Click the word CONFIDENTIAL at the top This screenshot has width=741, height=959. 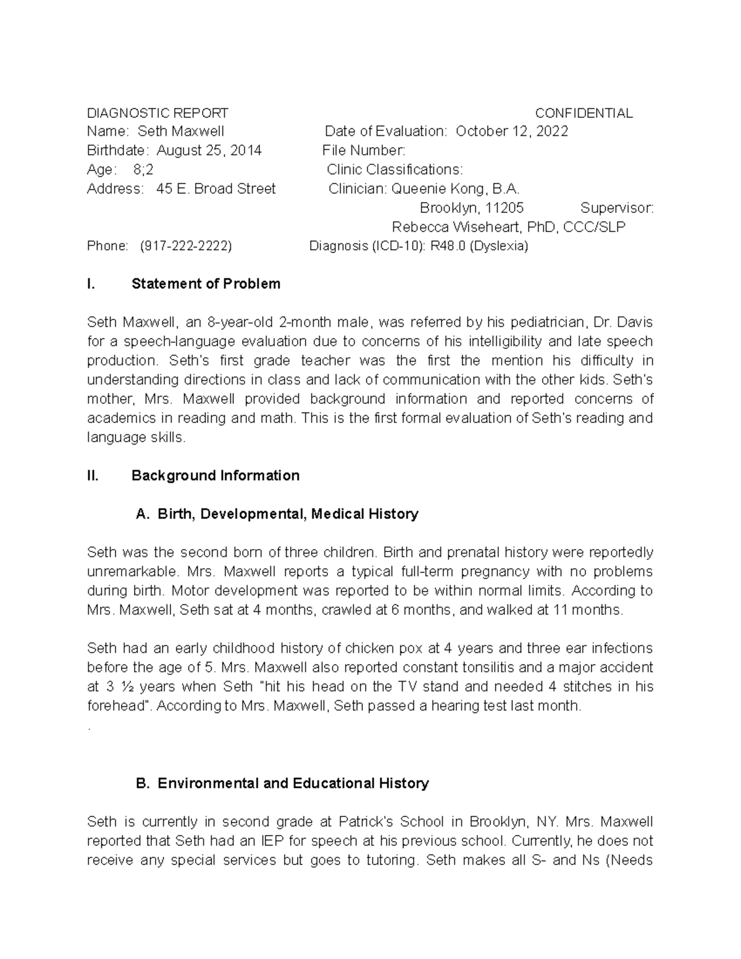584,113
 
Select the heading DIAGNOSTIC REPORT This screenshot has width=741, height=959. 157,113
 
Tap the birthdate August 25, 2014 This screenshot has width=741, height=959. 209,151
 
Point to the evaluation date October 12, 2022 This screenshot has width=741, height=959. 512,132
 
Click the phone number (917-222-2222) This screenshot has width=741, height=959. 186,246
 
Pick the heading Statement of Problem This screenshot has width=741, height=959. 206,284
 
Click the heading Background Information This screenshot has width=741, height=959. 216,475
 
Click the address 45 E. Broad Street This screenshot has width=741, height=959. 216,189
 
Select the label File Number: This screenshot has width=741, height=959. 364,151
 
